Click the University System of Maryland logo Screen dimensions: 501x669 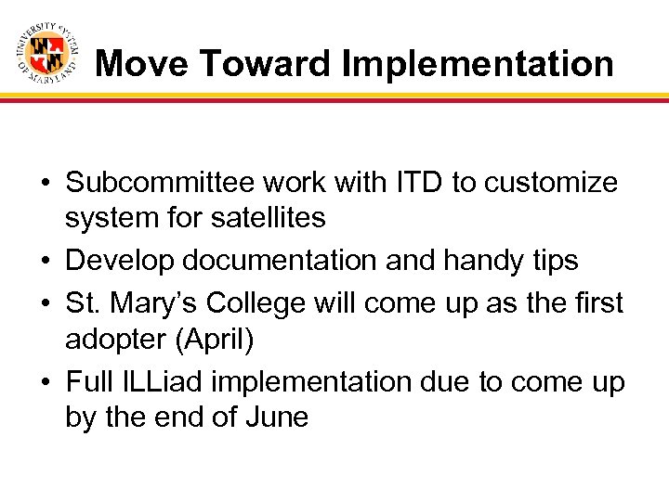46,53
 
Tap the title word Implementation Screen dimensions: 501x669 478,63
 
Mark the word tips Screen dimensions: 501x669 553,261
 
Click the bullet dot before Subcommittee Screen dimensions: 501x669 46,184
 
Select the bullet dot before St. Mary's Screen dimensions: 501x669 46,303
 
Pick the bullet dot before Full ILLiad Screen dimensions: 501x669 46,382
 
